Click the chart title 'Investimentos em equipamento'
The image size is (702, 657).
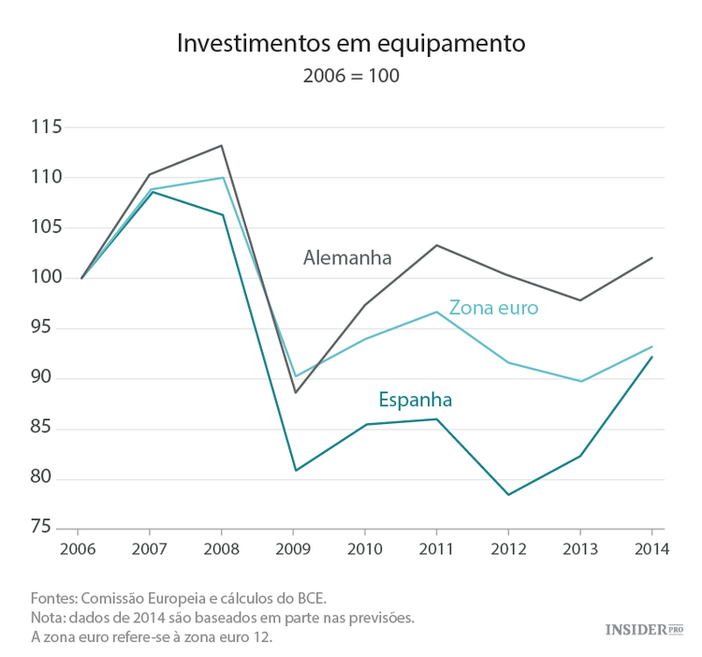tap(351, 43)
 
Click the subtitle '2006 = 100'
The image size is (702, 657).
tap(351, 76)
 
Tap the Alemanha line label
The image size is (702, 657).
tap(347, 258)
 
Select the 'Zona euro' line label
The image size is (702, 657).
tap(493, 307)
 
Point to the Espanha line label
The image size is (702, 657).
tap(415, 400)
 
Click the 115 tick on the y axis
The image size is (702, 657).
tap(45, 127)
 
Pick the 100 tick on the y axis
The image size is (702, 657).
tap(45, 278)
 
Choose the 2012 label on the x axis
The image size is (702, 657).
tap(508, 550)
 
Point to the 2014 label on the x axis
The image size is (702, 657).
tap(651, 550)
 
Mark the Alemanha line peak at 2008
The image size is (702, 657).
tap(222, 145)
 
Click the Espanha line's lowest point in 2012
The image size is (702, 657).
tap(508, 494)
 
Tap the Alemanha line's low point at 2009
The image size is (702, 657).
tap(295, 392)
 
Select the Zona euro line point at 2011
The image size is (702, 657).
tap(437, 312)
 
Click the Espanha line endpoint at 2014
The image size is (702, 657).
tap(652, 357)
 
